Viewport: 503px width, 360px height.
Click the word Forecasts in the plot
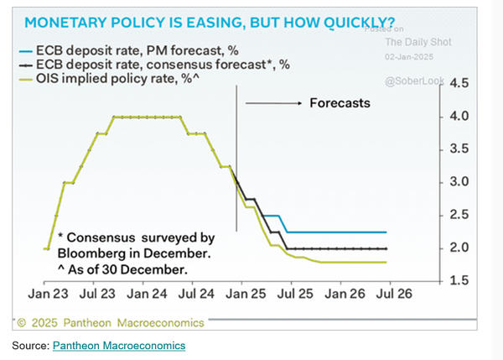pos(340,103)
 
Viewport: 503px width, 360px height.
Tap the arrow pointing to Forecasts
pos(272,103)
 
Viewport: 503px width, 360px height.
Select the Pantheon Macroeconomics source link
pos(118,345)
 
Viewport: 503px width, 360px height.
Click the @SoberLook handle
pos(412,81)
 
